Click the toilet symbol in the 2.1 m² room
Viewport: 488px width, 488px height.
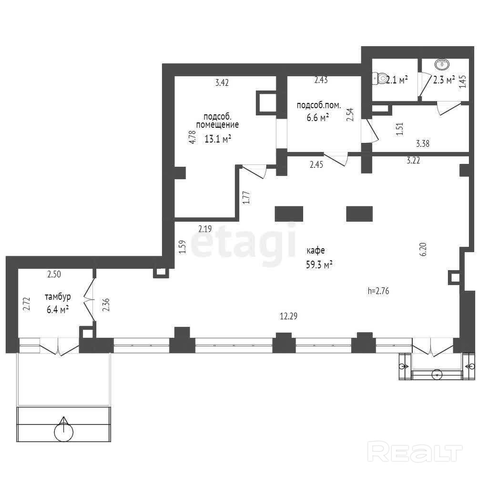point(379,79)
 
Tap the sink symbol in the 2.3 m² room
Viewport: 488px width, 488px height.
point(442,64)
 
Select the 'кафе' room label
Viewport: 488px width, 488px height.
point(315,251)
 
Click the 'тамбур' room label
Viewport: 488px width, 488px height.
point(58,296)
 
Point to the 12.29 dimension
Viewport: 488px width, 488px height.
point(288,316)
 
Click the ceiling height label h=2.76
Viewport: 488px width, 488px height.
point(378,291)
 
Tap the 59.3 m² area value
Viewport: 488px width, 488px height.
point(319,264)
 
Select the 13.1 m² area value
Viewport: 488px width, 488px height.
point(217,139)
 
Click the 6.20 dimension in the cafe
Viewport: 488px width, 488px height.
point(423,249)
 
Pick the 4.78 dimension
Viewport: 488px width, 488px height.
point(193,137)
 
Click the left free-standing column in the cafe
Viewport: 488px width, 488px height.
point(289,213)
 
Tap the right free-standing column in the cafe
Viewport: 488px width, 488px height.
point(359,213)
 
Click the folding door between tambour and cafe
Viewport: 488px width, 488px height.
point(90,300)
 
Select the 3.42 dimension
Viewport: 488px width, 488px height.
point(222,82)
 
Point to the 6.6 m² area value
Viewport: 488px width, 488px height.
point(318,118)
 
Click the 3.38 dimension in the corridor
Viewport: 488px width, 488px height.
point(423,143)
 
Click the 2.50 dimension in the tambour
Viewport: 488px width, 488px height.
point(54,274)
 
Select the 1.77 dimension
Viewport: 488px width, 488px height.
point(246,197)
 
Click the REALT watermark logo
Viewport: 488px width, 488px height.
point(415,452)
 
